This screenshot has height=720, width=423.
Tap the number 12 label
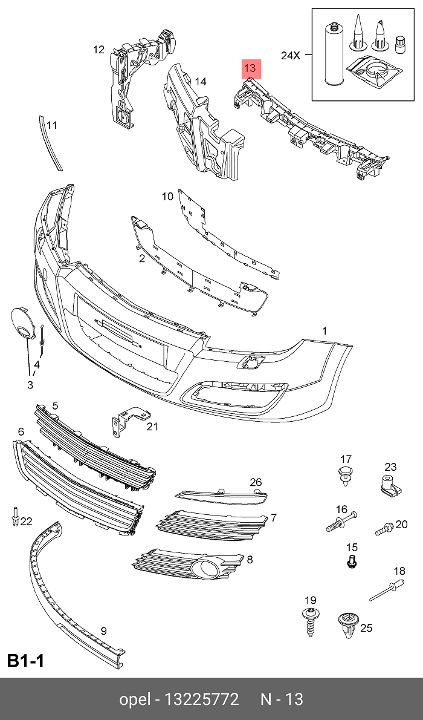coord(99,50)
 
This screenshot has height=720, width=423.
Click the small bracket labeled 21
coord(126,421)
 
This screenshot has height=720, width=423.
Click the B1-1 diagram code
coord(25,661)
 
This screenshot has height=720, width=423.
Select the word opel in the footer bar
coord(135,699)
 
